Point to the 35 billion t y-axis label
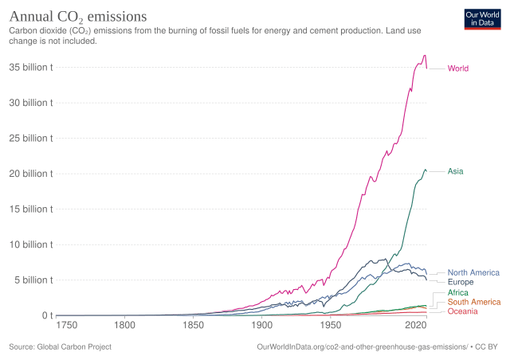pyautogui.click(x=32, y=67)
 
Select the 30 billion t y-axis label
pyautogui.click(x=32, y=103)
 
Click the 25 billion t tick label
pyautogui.click(x=32, y=138)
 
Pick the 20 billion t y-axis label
pyautogui.click(x=32, y=174)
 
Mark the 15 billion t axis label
pyautogui.click(x=32, y=209)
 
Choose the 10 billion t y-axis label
pyautogui.click(x=32, y=245)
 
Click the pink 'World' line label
pyautogui.click(x=457, y=68)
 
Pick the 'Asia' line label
pyautogui.click(x=455, y=171)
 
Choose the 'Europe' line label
pyautogui.click(x=461, y=282)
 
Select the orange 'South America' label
pyautogui.click(x=474, y=303)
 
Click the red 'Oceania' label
pyautogui.click(x=463, y=311)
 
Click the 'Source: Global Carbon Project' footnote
pyautogui.click(x=60, y=347)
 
